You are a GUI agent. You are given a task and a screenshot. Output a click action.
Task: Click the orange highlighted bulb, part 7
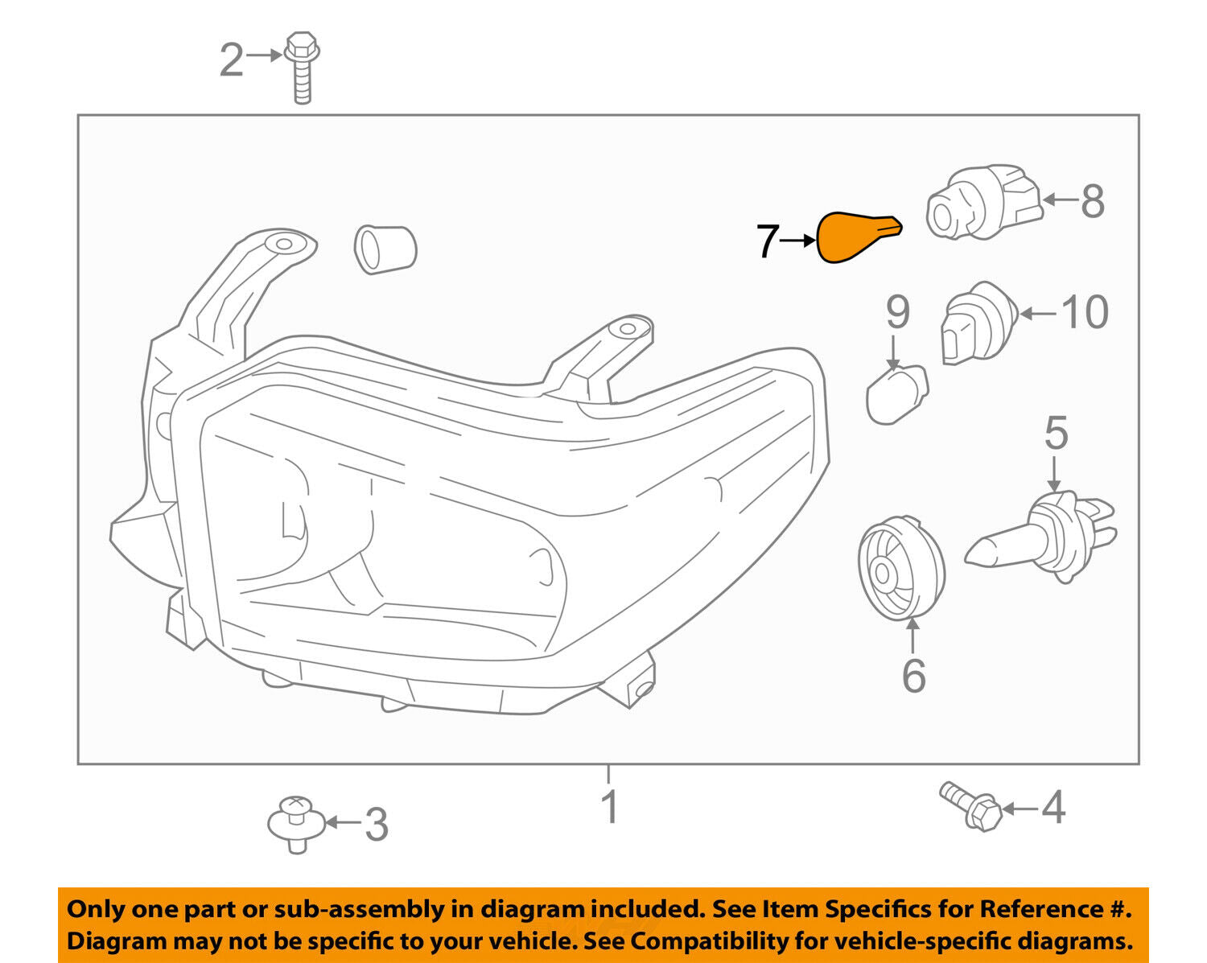[855, 237]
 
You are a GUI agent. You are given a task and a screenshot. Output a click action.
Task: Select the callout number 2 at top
[232, 60]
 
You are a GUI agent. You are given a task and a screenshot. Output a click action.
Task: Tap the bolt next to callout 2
[302, 68]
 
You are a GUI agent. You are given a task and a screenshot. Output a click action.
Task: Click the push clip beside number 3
[296, 822]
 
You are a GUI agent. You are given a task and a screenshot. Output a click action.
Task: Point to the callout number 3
[376, 825]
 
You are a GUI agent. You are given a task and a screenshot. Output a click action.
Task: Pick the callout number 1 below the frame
[610, 807]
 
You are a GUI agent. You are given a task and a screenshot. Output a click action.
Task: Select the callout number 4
[1053, 807]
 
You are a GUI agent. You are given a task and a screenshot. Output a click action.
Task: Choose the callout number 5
[1056, 433]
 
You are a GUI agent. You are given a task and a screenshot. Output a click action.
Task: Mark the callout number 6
[913, 676]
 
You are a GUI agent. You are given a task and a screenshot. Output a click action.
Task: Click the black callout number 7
[768, 241]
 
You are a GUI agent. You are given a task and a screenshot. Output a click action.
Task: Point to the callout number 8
[1092, 201]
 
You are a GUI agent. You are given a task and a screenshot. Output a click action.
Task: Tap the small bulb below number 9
[896, 393]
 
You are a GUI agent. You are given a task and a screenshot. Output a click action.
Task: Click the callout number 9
[897, 312]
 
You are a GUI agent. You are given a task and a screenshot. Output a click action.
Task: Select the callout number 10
[1085, 312]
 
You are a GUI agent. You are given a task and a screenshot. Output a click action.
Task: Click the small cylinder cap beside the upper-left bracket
[385, 249]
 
